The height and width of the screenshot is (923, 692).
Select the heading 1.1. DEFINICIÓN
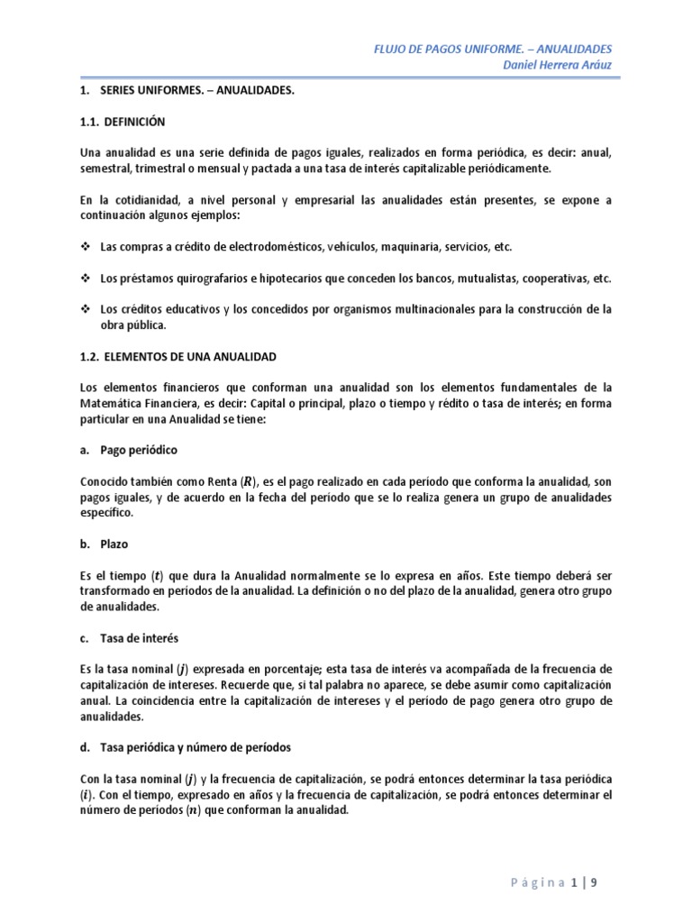(123, 121)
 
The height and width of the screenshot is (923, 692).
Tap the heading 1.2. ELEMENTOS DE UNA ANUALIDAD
(176, 359)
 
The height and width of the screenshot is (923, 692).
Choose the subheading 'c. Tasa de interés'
(130, 638)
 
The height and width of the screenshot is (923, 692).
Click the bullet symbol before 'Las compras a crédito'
(86, 246)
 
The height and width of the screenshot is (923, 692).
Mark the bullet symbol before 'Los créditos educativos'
(86, 309)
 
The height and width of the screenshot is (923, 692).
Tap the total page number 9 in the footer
(594, 882)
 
